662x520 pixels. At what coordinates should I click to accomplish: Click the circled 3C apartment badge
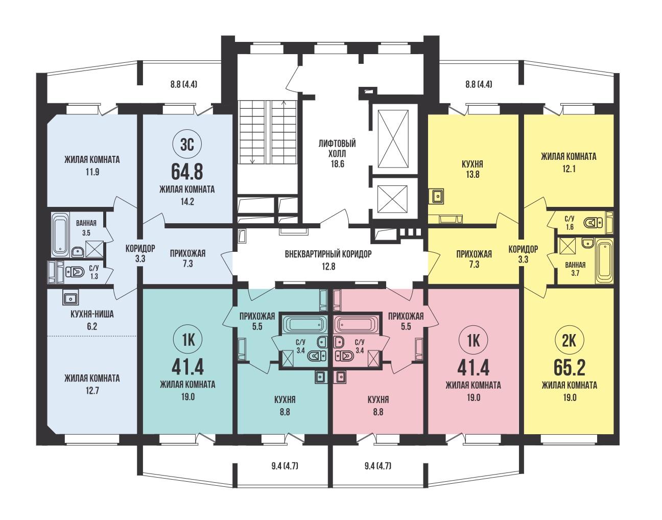(x=187, y=145)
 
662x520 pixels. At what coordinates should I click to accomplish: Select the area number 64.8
(x=187, y=172)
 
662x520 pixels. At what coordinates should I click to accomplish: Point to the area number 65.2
(x=569, y=368)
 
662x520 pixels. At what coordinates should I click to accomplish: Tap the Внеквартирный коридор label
(x=328, y=254)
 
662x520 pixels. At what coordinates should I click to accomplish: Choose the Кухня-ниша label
(x=92, y=314)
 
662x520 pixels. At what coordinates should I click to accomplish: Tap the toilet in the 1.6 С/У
(x=594, y=223)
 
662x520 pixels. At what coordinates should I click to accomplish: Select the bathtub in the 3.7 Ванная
(x=604, y=261)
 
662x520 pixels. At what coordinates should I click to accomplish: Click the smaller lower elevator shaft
(x=392, y=200)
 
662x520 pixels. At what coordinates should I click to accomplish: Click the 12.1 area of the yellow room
(x=569, y=169)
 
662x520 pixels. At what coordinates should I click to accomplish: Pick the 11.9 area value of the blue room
(x=92, y=172)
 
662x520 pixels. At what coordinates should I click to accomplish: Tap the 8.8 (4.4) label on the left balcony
(x=184, y=84)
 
